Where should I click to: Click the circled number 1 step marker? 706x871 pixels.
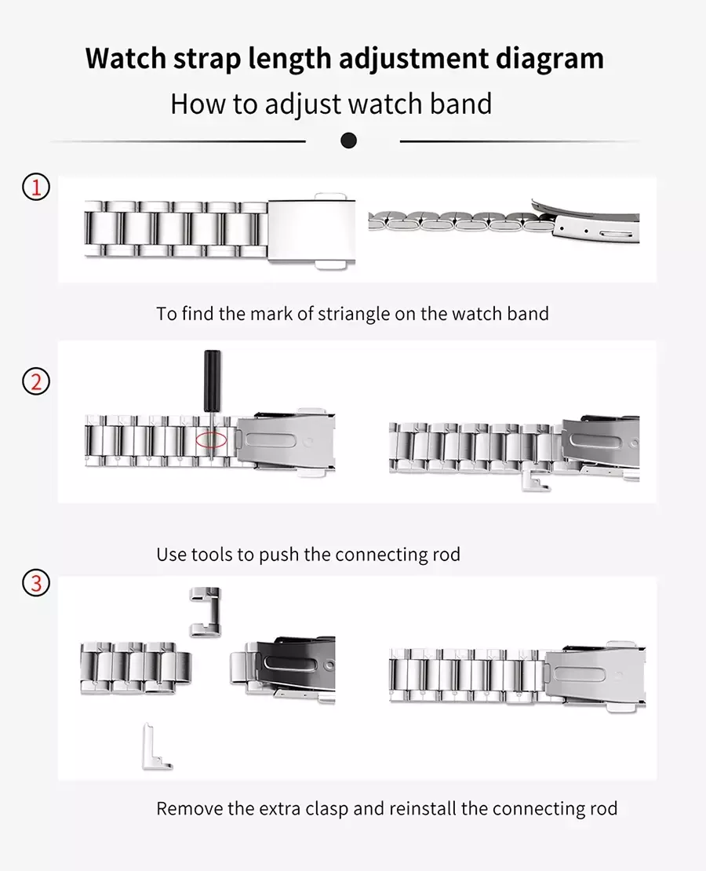point(36,188)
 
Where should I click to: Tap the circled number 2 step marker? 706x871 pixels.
point(36,382)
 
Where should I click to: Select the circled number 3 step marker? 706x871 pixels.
point(36,583)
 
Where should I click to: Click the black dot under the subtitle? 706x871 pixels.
point(348,141)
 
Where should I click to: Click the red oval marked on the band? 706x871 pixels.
point(211,440)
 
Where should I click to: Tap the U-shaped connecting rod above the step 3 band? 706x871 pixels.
point(205,612)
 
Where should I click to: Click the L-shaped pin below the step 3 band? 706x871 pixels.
point(156,747)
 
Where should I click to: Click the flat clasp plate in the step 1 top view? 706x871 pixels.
point(311,231)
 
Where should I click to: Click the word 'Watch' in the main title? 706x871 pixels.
point(126,58)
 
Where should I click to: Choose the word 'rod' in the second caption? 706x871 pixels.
point(446,554)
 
